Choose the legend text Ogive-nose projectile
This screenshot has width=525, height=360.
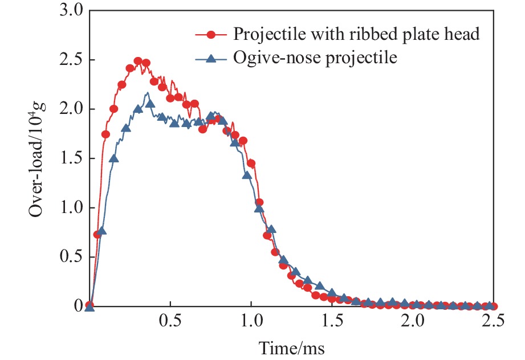click(315, 58)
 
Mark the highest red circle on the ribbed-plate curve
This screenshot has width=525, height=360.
click(138, 61)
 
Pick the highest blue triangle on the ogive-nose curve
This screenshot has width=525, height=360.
click(150, 103)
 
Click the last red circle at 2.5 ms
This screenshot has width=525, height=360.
click(493, 306)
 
